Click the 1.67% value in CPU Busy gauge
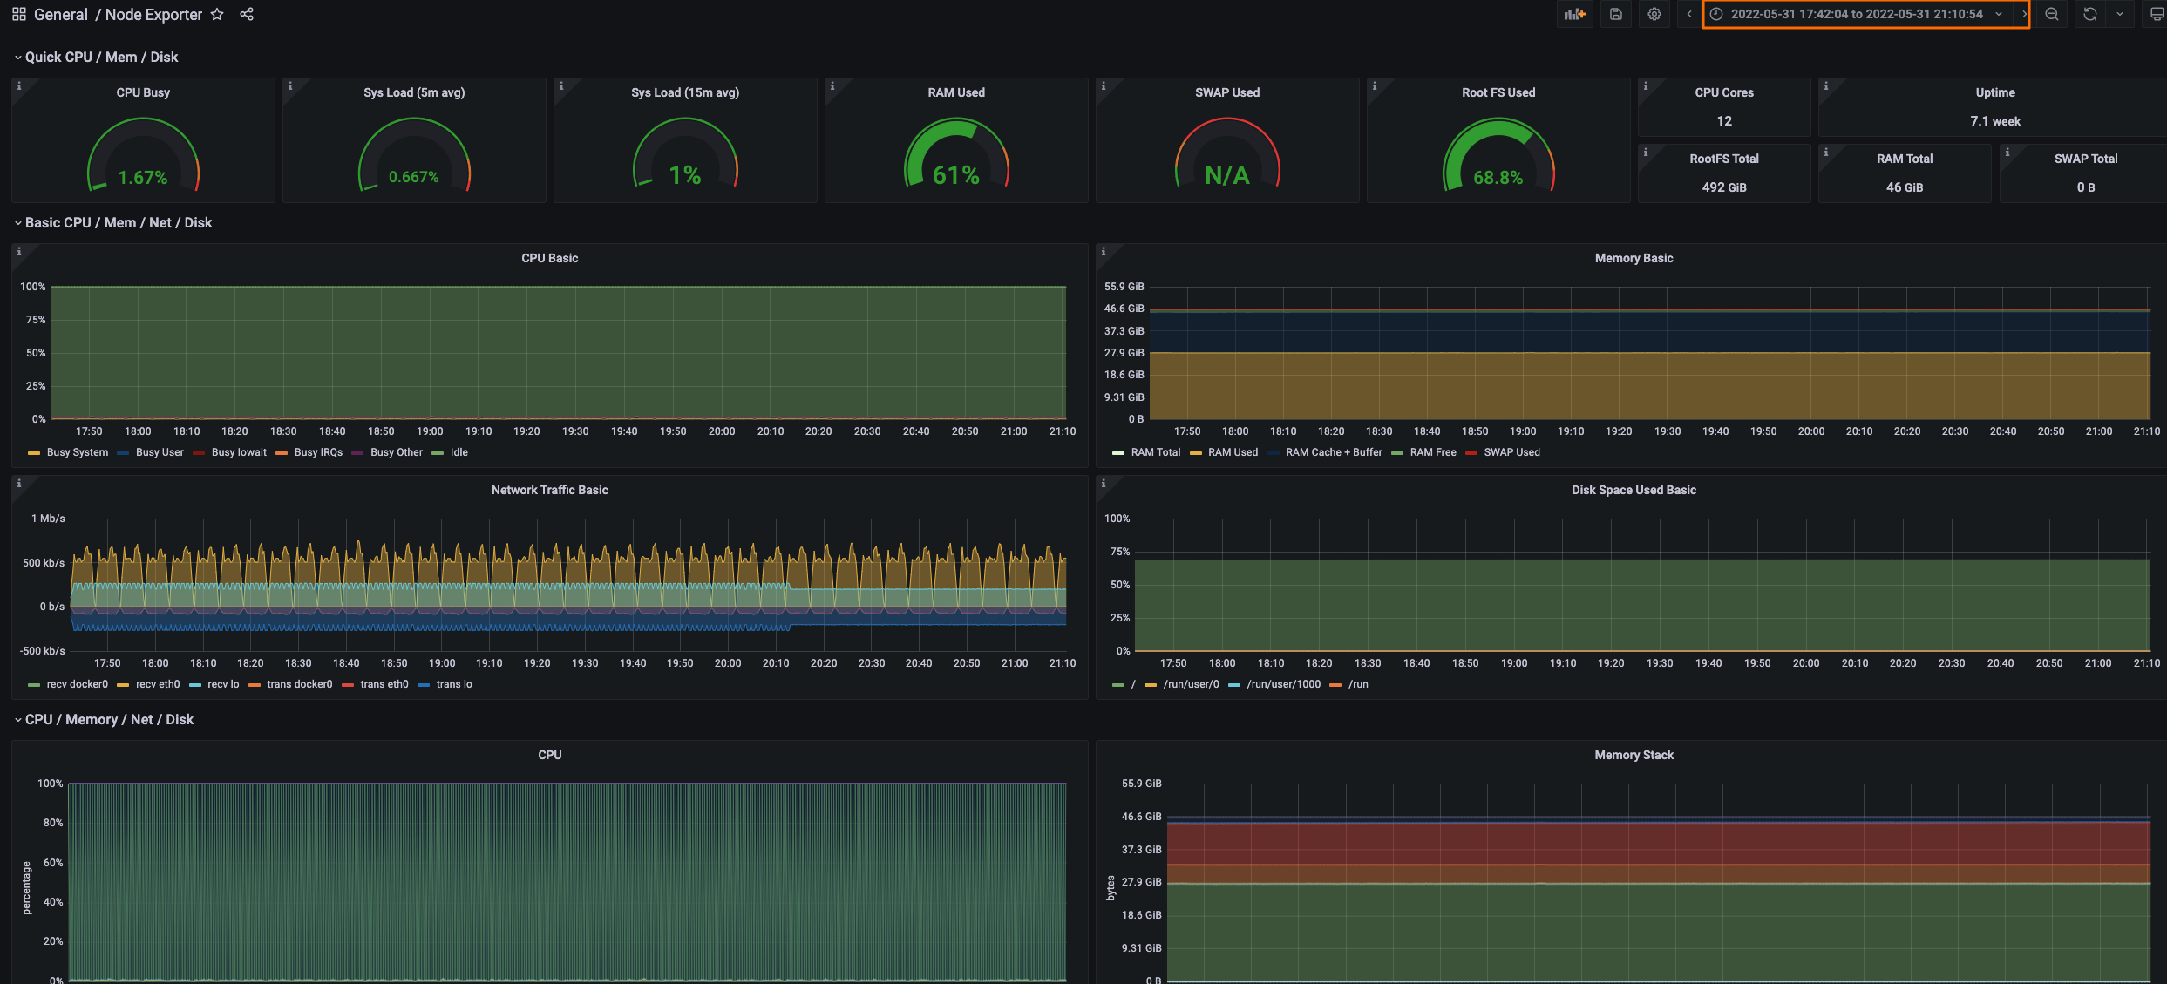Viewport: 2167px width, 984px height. pos(143,178)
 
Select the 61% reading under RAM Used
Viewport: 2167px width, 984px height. pos(955,176)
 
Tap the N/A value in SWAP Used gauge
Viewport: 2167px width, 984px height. pos(1226,176)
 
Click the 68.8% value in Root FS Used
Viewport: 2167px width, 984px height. pos(1498,178)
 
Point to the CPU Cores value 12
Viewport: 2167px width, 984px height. pos(1723,121)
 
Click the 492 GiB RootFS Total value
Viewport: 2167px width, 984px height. pos(1723,187)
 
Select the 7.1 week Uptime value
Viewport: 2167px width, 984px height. pos(1994,121)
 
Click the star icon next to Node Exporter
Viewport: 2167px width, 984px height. pos(217,15)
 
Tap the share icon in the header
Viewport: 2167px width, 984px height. pos(247,15)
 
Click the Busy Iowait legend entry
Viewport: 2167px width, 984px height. pos(238,452)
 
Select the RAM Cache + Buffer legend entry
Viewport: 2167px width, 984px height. pos(1333,452)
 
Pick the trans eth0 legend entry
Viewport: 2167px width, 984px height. pos(384,684)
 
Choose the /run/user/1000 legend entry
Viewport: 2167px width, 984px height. pos(1282,684)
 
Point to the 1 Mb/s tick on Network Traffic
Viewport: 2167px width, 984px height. pos(48,519)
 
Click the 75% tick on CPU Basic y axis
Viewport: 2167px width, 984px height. pos(36,320)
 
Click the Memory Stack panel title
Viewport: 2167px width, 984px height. pos(1633,755)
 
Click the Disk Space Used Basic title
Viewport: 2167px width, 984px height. pos(1633,490)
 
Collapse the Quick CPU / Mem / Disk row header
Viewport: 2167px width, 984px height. pos(100,57)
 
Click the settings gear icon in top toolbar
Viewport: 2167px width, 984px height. pos(1654,14)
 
